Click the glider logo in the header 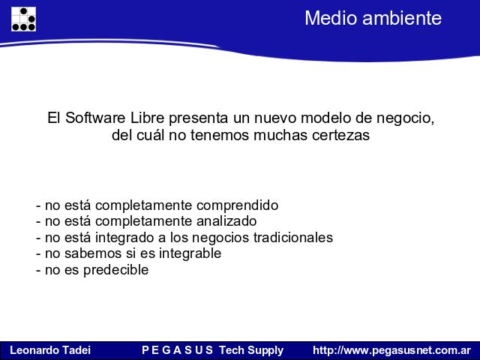pyautogui.click(x=23, y=19)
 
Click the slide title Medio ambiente pyautogui.click(x=373, y=18)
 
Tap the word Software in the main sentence pyautogui.click(x=95, y=118)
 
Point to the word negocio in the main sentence pyautogui.click(x=405, y=118)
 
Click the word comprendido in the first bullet pyautogui.click(x=237, y=205)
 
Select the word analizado pyautogui.click(x=226, y=221)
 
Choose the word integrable pyautogui.click(x=190, y=253)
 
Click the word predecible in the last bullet pyautogui.click(x=116, y=270)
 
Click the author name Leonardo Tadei pyautogui.click(x=50, y=350)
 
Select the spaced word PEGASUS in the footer pyautogui.click(x=177, y=350)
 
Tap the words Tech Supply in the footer pyautogui.click(x=251, y=350)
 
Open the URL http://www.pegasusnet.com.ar pyautogui.click(x=391, y=350)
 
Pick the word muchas pyautogui.click(x=280, y=135)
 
